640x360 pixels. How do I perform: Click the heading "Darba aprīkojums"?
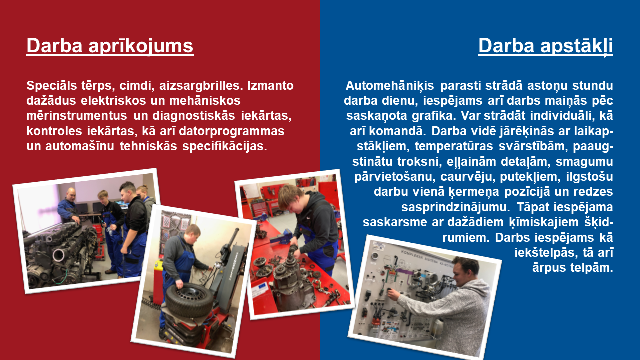pyautogui.click(x=110, y=46)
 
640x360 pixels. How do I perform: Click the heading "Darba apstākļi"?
pyautogui.click(x=545, y=46)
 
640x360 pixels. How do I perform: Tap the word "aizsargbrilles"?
pyautogui.click(x=201, y=85)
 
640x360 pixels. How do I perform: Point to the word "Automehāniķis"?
pyautogui.click(x=390, y=85)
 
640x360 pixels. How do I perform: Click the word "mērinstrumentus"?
pyautogui.click(x=77, y=115)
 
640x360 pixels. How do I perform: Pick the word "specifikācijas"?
pyautogui.click(x=225, y=146)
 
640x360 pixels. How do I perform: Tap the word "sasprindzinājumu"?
pyautogui.click(x=455, y=207)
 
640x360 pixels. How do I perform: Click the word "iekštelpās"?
pyautogui.click(x=546, y=252)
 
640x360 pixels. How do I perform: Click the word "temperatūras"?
pyautogui.click(x=454, y=146)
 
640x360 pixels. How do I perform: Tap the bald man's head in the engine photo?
pyautogui.click(x=71, y=194)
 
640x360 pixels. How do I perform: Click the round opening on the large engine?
pyautogui.click(x=59, y=255)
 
